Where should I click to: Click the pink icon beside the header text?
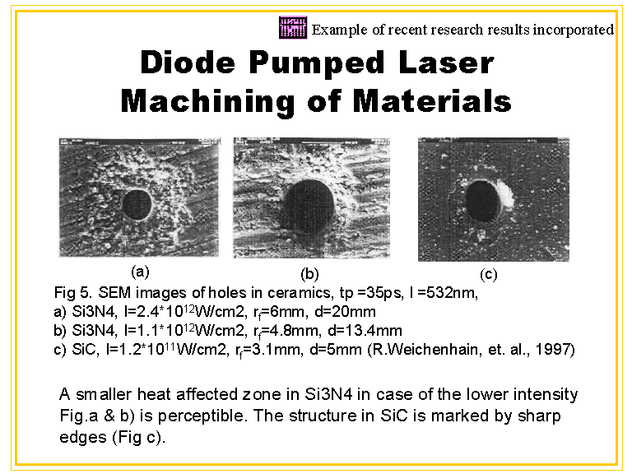pyautogui.click(x=293, y=28)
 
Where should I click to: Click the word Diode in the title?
pyautogui.click(x=188, y=63)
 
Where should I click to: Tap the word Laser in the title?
pyautogui.click(x=446, y=63)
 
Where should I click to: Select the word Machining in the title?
pyautogui.click(x=207, y=101)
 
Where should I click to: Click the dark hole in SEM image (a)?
pyautogui.click(x=137, y=204)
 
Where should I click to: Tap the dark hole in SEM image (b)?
pyautogui.click(x=309, y=206)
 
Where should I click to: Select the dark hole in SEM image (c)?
pyautogui.click(x=483, y=200)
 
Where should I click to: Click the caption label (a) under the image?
pyautogui.click(x=140, y=272)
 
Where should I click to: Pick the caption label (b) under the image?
pyautogui.click(x=309, y=274)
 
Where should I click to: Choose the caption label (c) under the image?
pyautogui.click(x=489, y=275)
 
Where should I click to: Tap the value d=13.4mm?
pyautogui.click(x=365, y=331)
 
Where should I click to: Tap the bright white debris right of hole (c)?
pyautogui.click(x=506, y=193)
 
